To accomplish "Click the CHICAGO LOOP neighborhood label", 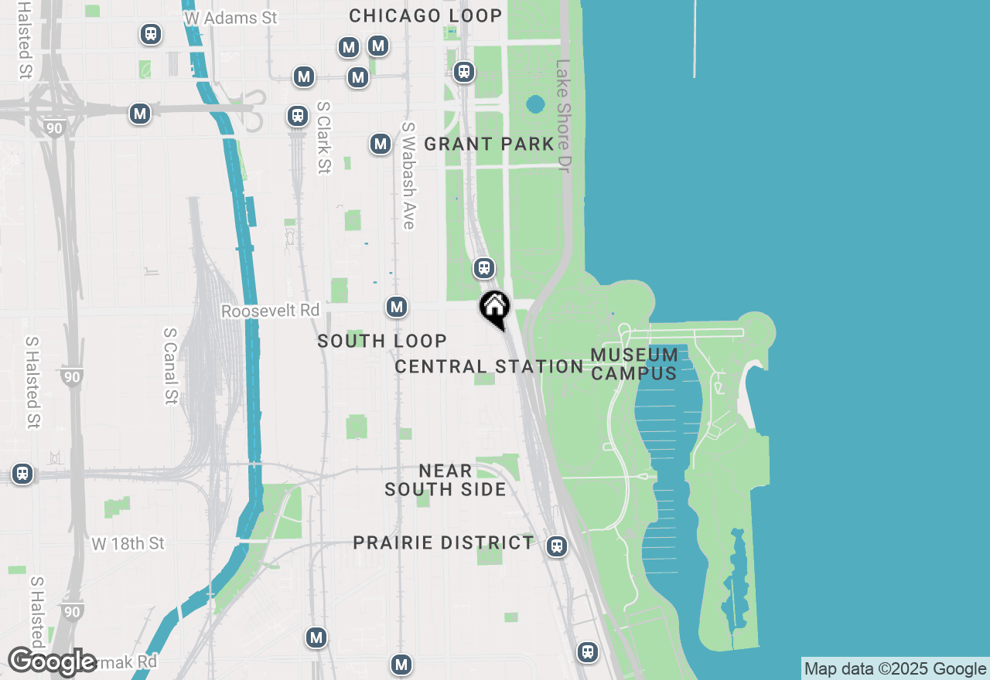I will pos(425,15).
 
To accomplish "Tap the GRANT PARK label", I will pos(490,144).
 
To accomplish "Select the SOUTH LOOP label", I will pos(382,341).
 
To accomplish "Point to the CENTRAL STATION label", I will pos(489,366).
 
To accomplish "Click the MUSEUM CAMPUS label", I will pos(634,364).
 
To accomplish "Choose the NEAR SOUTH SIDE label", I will pos(445,480).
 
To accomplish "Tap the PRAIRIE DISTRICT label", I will pos(443,542).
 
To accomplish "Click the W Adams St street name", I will pos(230,17).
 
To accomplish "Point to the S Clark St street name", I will pos(323,138).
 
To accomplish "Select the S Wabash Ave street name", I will pos(408,175).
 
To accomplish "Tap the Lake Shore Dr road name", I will pos(562,116).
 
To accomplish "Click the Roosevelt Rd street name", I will pos(270,311).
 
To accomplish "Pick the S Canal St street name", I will pos(170,365).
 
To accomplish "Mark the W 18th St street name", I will pos(128,544).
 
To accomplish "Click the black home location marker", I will pos(495,308).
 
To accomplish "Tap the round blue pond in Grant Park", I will pos(535,104).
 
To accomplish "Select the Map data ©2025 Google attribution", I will pos(895,669).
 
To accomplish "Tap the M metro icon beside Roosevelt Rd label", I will pos(397,307).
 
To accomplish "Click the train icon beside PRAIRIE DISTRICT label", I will pos(556,546).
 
